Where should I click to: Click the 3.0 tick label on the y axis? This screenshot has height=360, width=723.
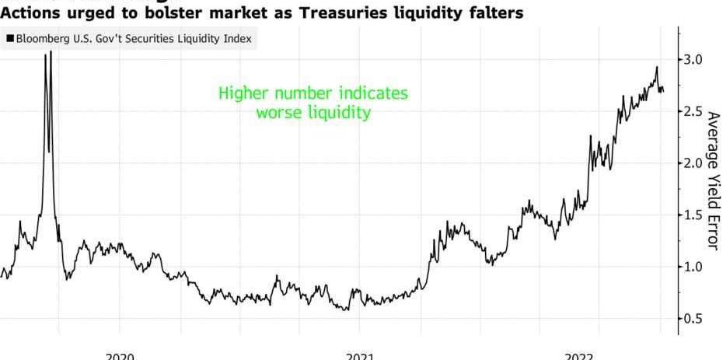(x=694, y=60)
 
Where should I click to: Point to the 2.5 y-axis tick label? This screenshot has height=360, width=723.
(x=694, y=112)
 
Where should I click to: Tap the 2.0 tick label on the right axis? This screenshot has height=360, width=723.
(x=694, y=163)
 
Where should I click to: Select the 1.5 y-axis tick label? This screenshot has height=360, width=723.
(x=694, y=215)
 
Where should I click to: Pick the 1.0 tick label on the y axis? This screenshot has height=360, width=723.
(x=694, y=267)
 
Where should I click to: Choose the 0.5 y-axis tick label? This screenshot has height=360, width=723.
(x=694, y=319)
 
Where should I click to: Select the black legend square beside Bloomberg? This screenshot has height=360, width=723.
(x=9, y=39)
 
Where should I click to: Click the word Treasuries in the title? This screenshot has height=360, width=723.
(x=338, y=13)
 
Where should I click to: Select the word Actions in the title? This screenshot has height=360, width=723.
(x=30, y=13)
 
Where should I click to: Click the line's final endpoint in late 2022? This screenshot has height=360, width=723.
(x=663, y=91)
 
